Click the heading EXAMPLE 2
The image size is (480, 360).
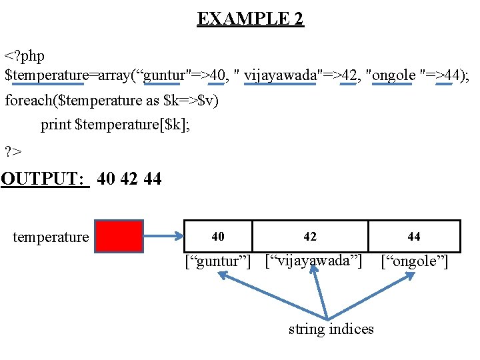coord(250,19)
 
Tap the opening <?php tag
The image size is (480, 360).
coord(25,54)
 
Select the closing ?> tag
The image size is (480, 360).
coord(13,151)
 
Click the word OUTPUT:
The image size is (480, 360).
coord(45,179)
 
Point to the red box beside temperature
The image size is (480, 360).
coord(119,236)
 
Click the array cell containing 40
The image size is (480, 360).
coord(218,236)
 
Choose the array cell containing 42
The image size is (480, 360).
coord(310,236)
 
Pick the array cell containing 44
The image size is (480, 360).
coord(414,236)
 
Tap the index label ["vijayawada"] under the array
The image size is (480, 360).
coord(313,259)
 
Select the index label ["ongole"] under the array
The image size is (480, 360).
coord(415,261)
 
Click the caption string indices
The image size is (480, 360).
coord(331,329)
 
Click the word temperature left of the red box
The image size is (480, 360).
coord(51,237)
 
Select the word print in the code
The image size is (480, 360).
coord(57,125)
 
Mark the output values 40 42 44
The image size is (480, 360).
coord(129,179)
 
